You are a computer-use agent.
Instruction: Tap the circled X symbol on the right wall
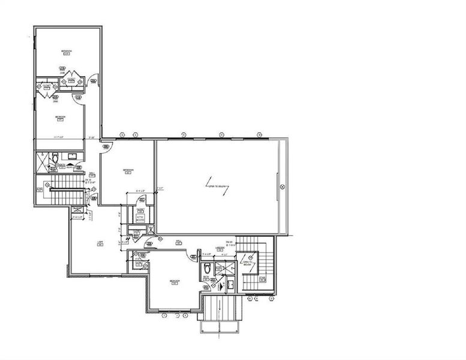[x=281, y=188]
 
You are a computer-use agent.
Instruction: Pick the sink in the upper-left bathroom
[x=72, y=157]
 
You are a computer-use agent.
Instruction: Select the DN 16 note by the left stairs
[x=88, y=180]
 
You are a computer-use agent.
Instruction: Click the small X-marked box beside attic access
[x=151, y=229]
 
